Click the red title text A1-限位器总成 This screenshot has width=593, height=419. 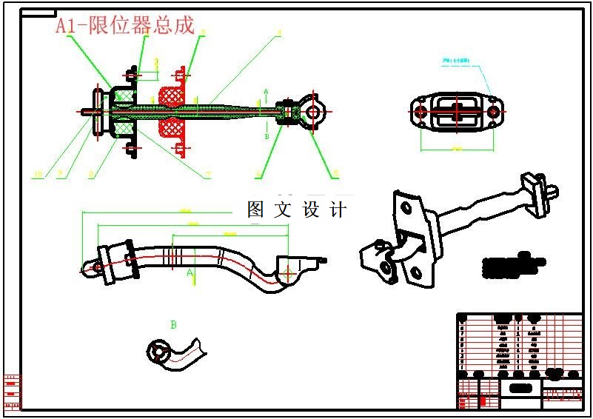(125, 26)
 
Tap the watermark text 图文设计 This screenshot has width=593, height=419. (297, 209)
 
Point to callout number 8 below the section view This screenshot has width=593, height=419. (90, 175)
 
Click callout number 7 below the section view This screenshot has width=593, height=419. (209, 175)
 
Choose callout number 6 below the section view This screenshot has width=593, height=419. (258, 175)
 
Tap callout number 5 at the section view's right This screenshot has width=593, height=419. (335, 174)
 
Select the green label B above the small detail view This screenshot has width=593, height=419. (173, 324)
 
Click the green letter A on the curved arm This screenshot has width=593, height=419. (190, 273)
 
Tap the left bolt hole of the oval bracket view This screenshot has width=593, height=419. (421, 112)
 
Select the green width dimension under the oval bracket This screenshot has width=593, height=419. (457, 150)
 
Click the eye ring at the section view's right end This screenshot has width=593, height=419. (313, 112)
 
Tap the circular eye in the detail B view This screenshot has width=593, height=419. (158, 351)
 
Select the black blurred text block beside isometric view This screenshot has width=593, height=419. (513, 264)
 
